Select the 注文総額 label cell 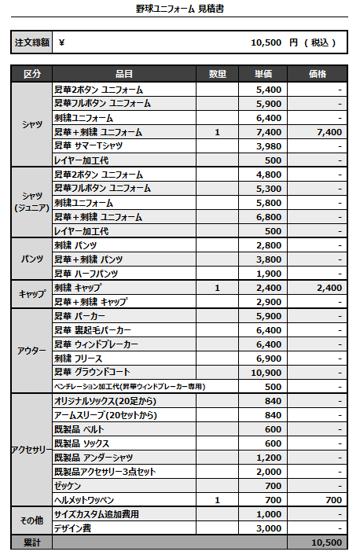pos(32,42)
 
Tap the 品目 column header pos(123,74)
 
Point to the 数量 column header pos(218,74)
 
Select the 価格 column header pos(318,74)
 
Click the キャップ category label pos(32,294)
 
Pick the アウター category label pos(32,351)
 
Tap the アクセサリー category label pos(32,450)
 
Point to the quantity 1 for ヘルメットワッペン pos(217,500)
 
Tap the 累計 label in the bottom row pos(32,542)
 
